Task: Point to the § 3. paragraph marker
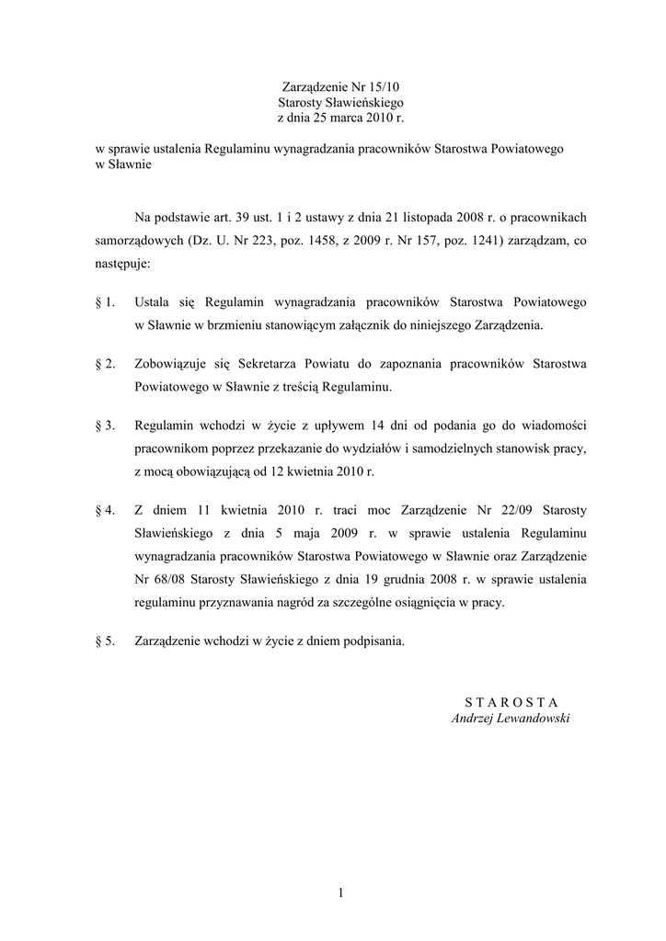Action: (x=105, y=426)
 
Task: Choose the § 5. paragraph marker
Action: (x=105, y=641)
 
